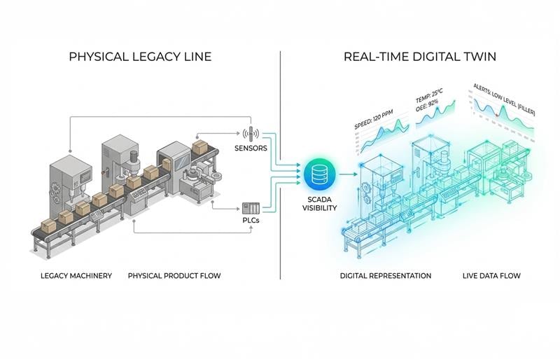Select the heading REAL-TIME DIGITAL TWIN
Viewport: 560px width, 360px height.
[420, 56]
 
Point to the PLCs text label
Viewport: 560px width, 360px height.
[251, 221]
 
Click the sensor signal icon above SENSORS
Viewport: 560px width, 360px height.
[251, 132]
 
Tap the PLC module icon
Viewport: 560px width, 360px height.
[250, 207]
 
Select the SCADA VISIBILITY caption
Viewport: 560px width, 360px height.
[318, 202]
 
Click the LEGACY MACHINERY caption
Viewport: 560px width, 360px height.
[76, 275]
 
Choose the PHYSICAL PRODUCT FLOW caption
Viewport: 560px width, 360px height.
[174, 275]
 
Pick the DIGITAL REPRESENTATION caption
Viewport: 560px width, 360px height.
[385, 275]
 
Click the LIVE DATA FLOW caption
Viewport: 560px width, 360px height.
[491, 275]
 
